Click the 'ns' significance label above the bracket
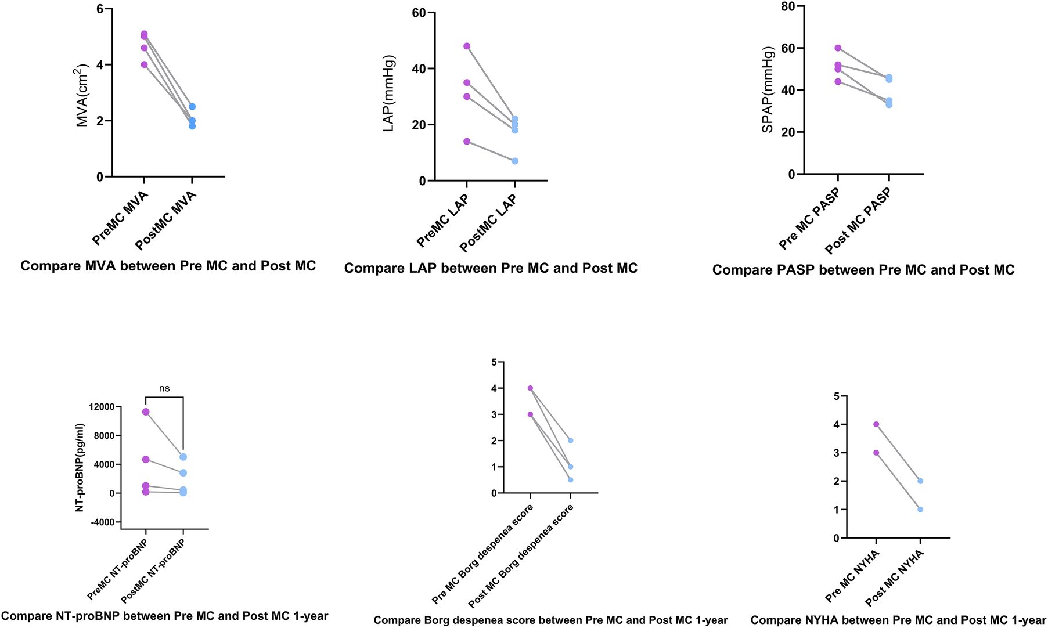tap(164, 388)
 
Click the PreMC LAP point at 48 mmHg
tap(467, 46)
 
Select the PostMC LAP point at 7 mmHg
tap(515, 161)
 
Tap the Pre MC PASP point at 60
tap(838, 48)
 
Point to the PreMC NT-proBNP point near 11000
tap(146, 412)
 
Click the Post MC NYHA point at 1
tap(920, 510)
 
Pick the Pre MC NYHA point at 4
tap(876, 424)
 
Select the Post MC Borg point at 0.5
tap(571, 480)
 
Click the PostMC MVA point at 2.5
tap(192, 107)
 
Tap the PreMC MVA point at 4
tap(144, 64)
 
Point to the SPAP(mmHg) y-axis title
tap(768, 89)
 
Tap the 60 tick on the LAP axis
tap(419, 13)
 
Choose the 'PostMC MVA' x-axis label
tap(167, 221)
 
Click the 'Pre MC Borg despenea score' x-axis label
tap(483, 554)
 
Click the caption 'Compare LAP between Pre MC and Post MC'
tap(491, 268)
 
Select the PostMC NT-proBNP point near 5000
tap(183, 457)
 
